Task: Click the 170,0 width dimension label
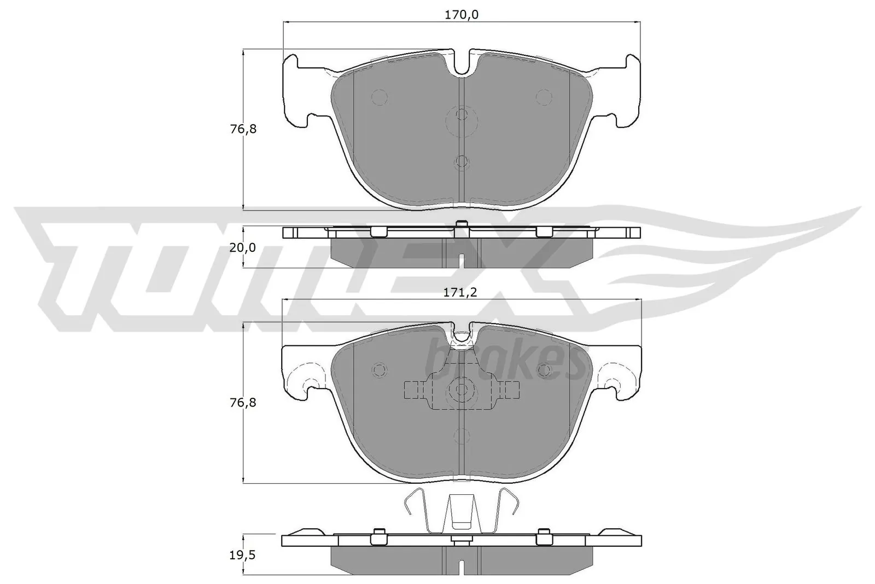(x=462, y=15)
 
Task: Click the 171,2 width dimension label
(x=462, y=293)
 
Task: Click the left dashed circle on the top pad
(x=380, y=97)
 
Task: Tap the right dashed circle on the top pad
(x=544, y=97)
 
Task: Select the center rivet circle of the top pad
(x=462, y=115)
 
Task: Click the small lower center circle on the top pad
(x=462, y=161)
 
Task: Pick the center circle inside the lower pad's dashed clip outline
(x=462, y=390)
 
